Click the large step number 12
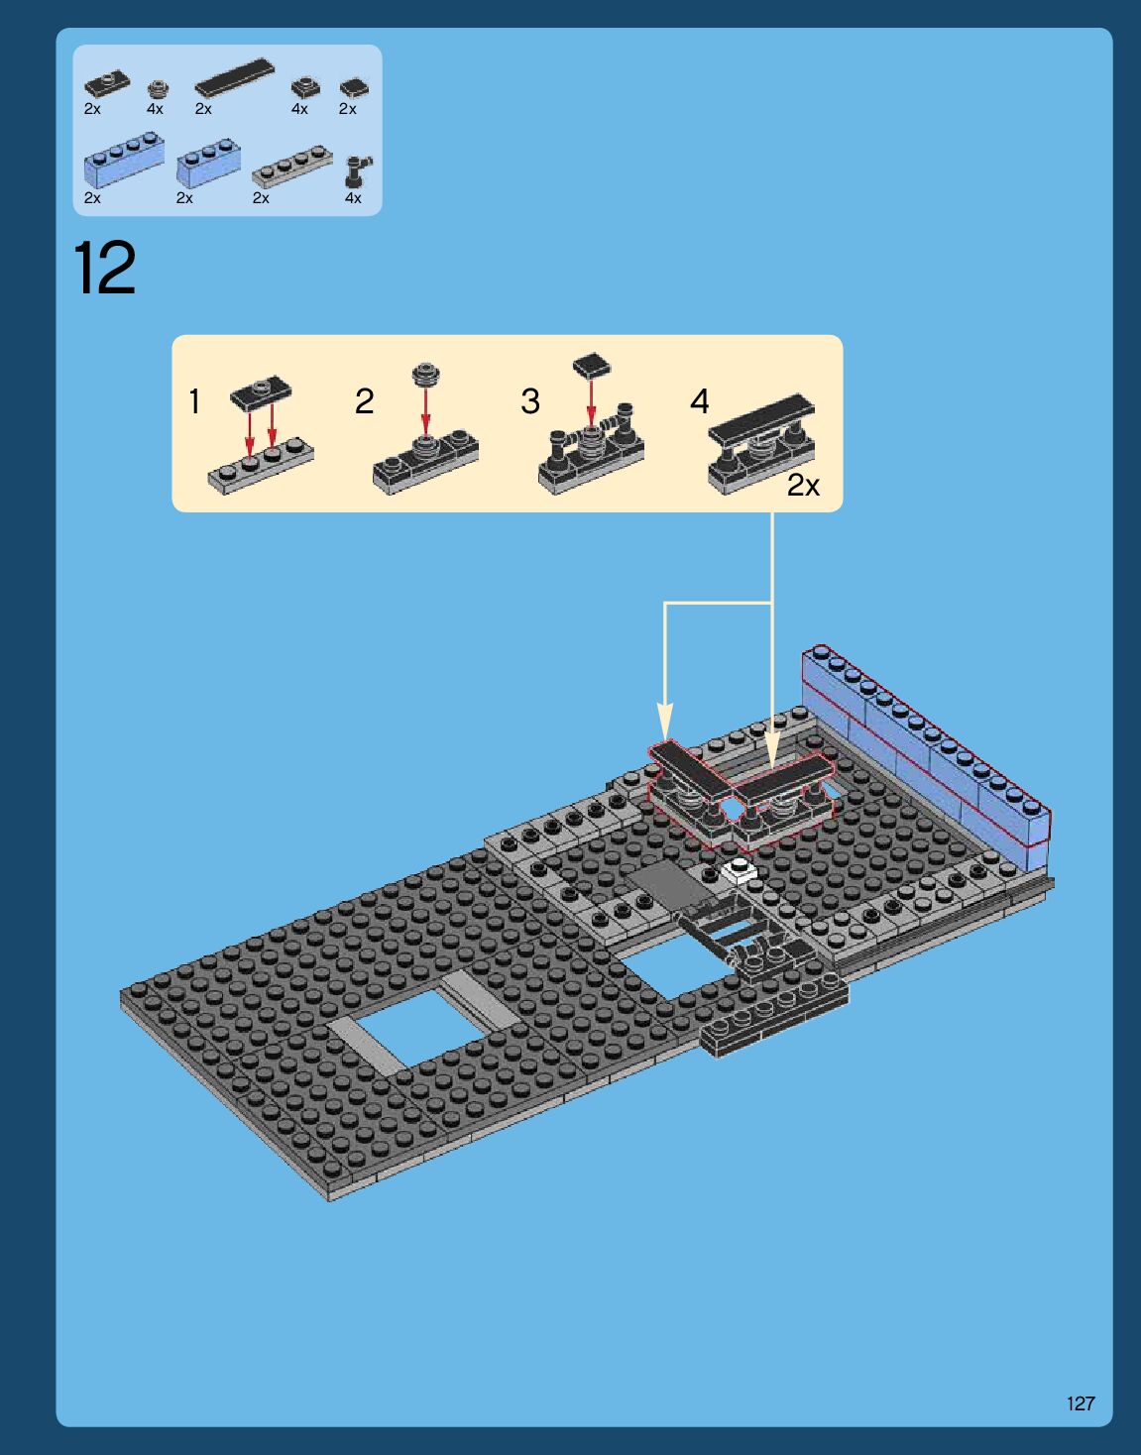tap(104, 268)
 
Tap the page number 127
tap(1081, 1403)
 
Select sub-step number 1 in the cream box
tap(194, 401)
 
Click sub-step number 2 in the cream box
tap(364, 401)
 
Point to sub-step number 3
tap(530, 401)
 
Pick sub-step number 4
tap(700, 401)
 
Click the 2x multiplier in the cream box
tap(803, 486)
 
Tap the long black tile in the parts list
tap(234, 76)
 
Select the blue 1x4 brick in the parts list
tap(125, 160)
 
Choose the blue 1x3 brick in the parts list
tap(209, 163)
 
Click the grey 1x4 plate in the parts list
tap(292, 168)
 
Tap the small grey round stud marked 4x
tap(158, 89)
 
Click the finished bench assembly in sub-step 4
tap(762, 443)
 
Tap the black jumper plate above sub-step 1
tap(261, 392)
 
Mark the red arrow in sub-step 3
tap(591, 401)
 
